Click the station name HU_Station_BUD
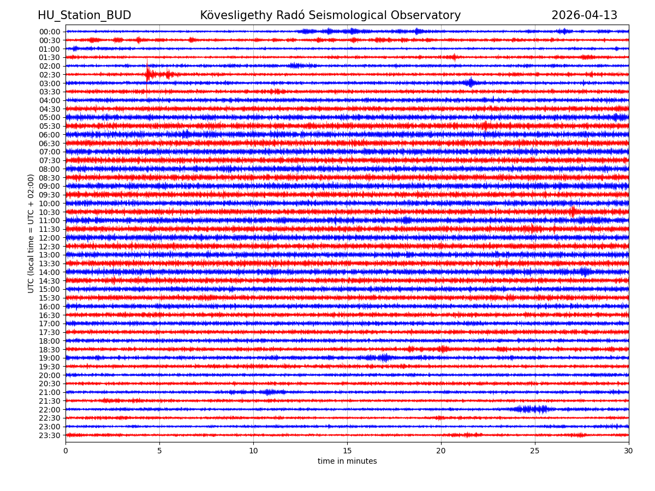coord(84,15)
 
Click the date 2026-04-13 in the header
coord(584,15)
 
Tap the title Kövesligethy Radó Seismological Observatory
coord(330,15)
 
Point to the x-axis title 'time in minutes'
coord(347,462)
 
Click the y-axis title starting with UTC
coord(31,233)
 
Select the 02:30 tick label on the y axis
coord(50,75)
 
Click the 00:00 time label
coord(50,32)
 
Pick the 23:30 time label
coord(50,435)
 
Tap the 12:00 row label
coord(50,238)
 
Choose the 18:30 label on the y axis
coord(50,350)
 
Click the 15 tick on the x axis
coord(347,451)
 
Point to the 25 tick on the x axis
coord(535,451)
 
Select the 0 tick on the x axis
coord(65,451)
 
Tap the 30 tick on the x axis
coord(629,451)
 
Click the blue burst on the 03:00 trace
coord(471,83)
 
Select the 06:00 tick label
coord(50,135)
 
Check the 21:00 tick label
coord(50,392)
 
